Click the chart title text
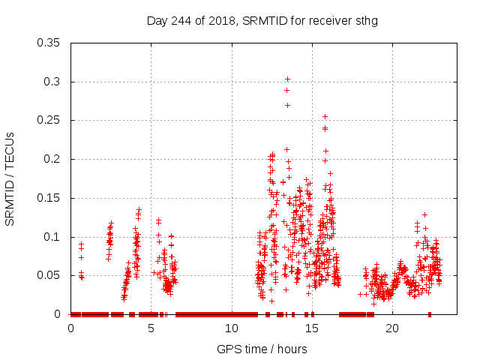tap(262, 20)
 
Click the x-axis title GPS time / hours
tap(262, 349)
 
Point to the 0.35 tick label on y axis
tap(49, 43)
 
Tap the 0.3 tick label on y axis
tap(52, 82)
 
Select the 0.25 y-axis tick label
tap(49, 120)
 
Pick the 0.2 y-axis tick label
tap(52, 159)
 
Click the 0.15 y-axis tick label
tap(49, 198)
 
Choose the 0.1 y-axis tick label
tap(52, 237)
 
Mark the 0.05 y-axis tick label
tap(49, 275)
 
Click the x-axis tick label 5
tap(151, 328)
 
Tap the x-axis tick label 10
tap(232, 328)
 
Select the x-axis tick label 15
tap(312, 328)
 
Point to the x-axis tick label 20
tap(392, 328)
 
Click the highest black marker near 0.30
tap(287, 79)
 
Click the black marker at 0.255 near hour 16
tap(325, 116)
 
